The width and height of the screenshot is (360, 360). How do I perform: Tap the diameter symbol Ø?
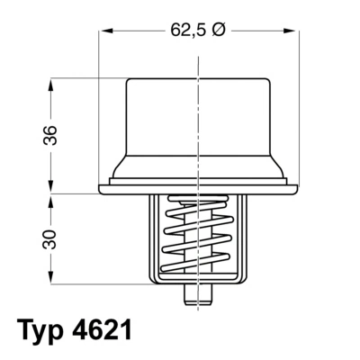[x=219, y=30]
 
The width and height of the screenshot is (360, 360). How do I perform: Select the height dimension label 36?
[x=50, y=135]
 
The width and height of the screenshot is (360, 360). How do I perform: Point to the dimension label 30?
[x=50, y=238]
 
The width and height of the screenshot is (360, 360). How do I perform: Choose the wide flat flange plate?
[x=197, y=185]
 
